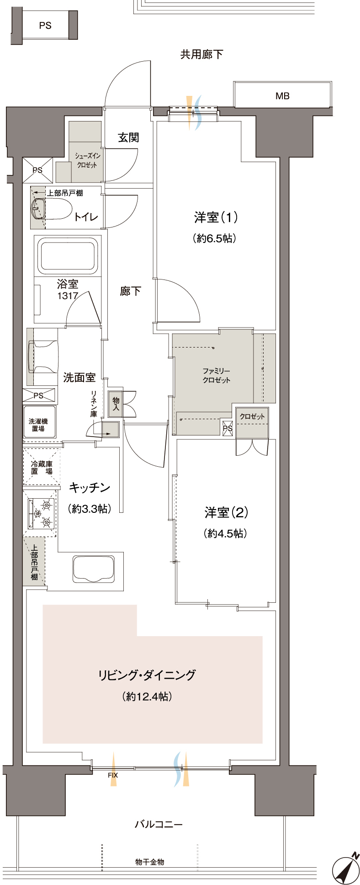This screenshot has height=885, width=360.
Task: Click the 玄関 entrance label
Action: pos(128,137)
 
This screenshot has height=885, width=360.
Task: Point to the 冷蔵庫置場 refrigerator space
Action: pos(42,467)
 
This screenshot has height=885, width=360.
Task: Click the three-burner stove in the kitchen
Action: pos(42,514)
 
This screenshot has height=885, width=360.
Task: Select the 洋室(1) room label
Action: pos(216,217)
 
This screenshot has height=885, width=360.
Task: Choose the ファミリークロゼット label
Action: pos(216,375)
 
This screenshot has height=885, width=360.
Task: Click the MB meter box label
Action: pos(282,96)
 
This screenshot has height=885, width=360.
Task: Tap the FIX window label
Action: pos(112,775)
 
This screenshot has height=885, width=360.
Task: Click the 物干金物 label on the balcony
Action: pos(150,862)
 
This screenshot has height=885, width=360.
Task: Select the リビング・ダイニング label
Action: pos(147,675)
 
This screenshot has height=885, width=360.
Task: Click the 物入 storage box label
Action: pos(116,404)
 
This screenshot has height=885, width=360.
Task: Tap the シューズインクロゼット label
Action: pos(87,160)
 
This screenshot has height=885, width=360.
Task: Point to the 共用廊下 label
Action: pos(201,54)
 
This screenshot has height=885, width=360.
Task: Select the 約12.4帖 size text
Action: pos(147,696)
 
